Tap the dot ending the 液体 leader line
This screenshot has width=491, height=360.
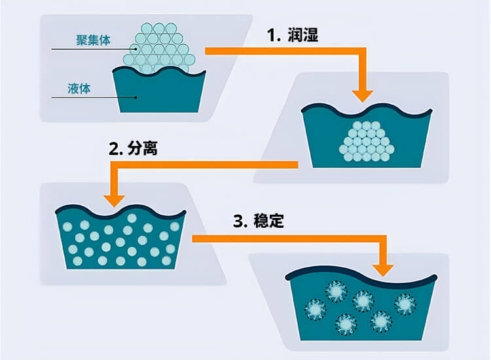point(137,98)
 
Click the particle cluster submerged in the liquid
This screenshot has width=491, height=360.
point(367,141)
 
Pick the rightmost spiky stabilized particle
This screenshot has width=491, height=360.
point(404,303)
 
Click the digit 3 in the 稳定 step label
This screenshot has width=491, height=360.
point(238,221)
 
